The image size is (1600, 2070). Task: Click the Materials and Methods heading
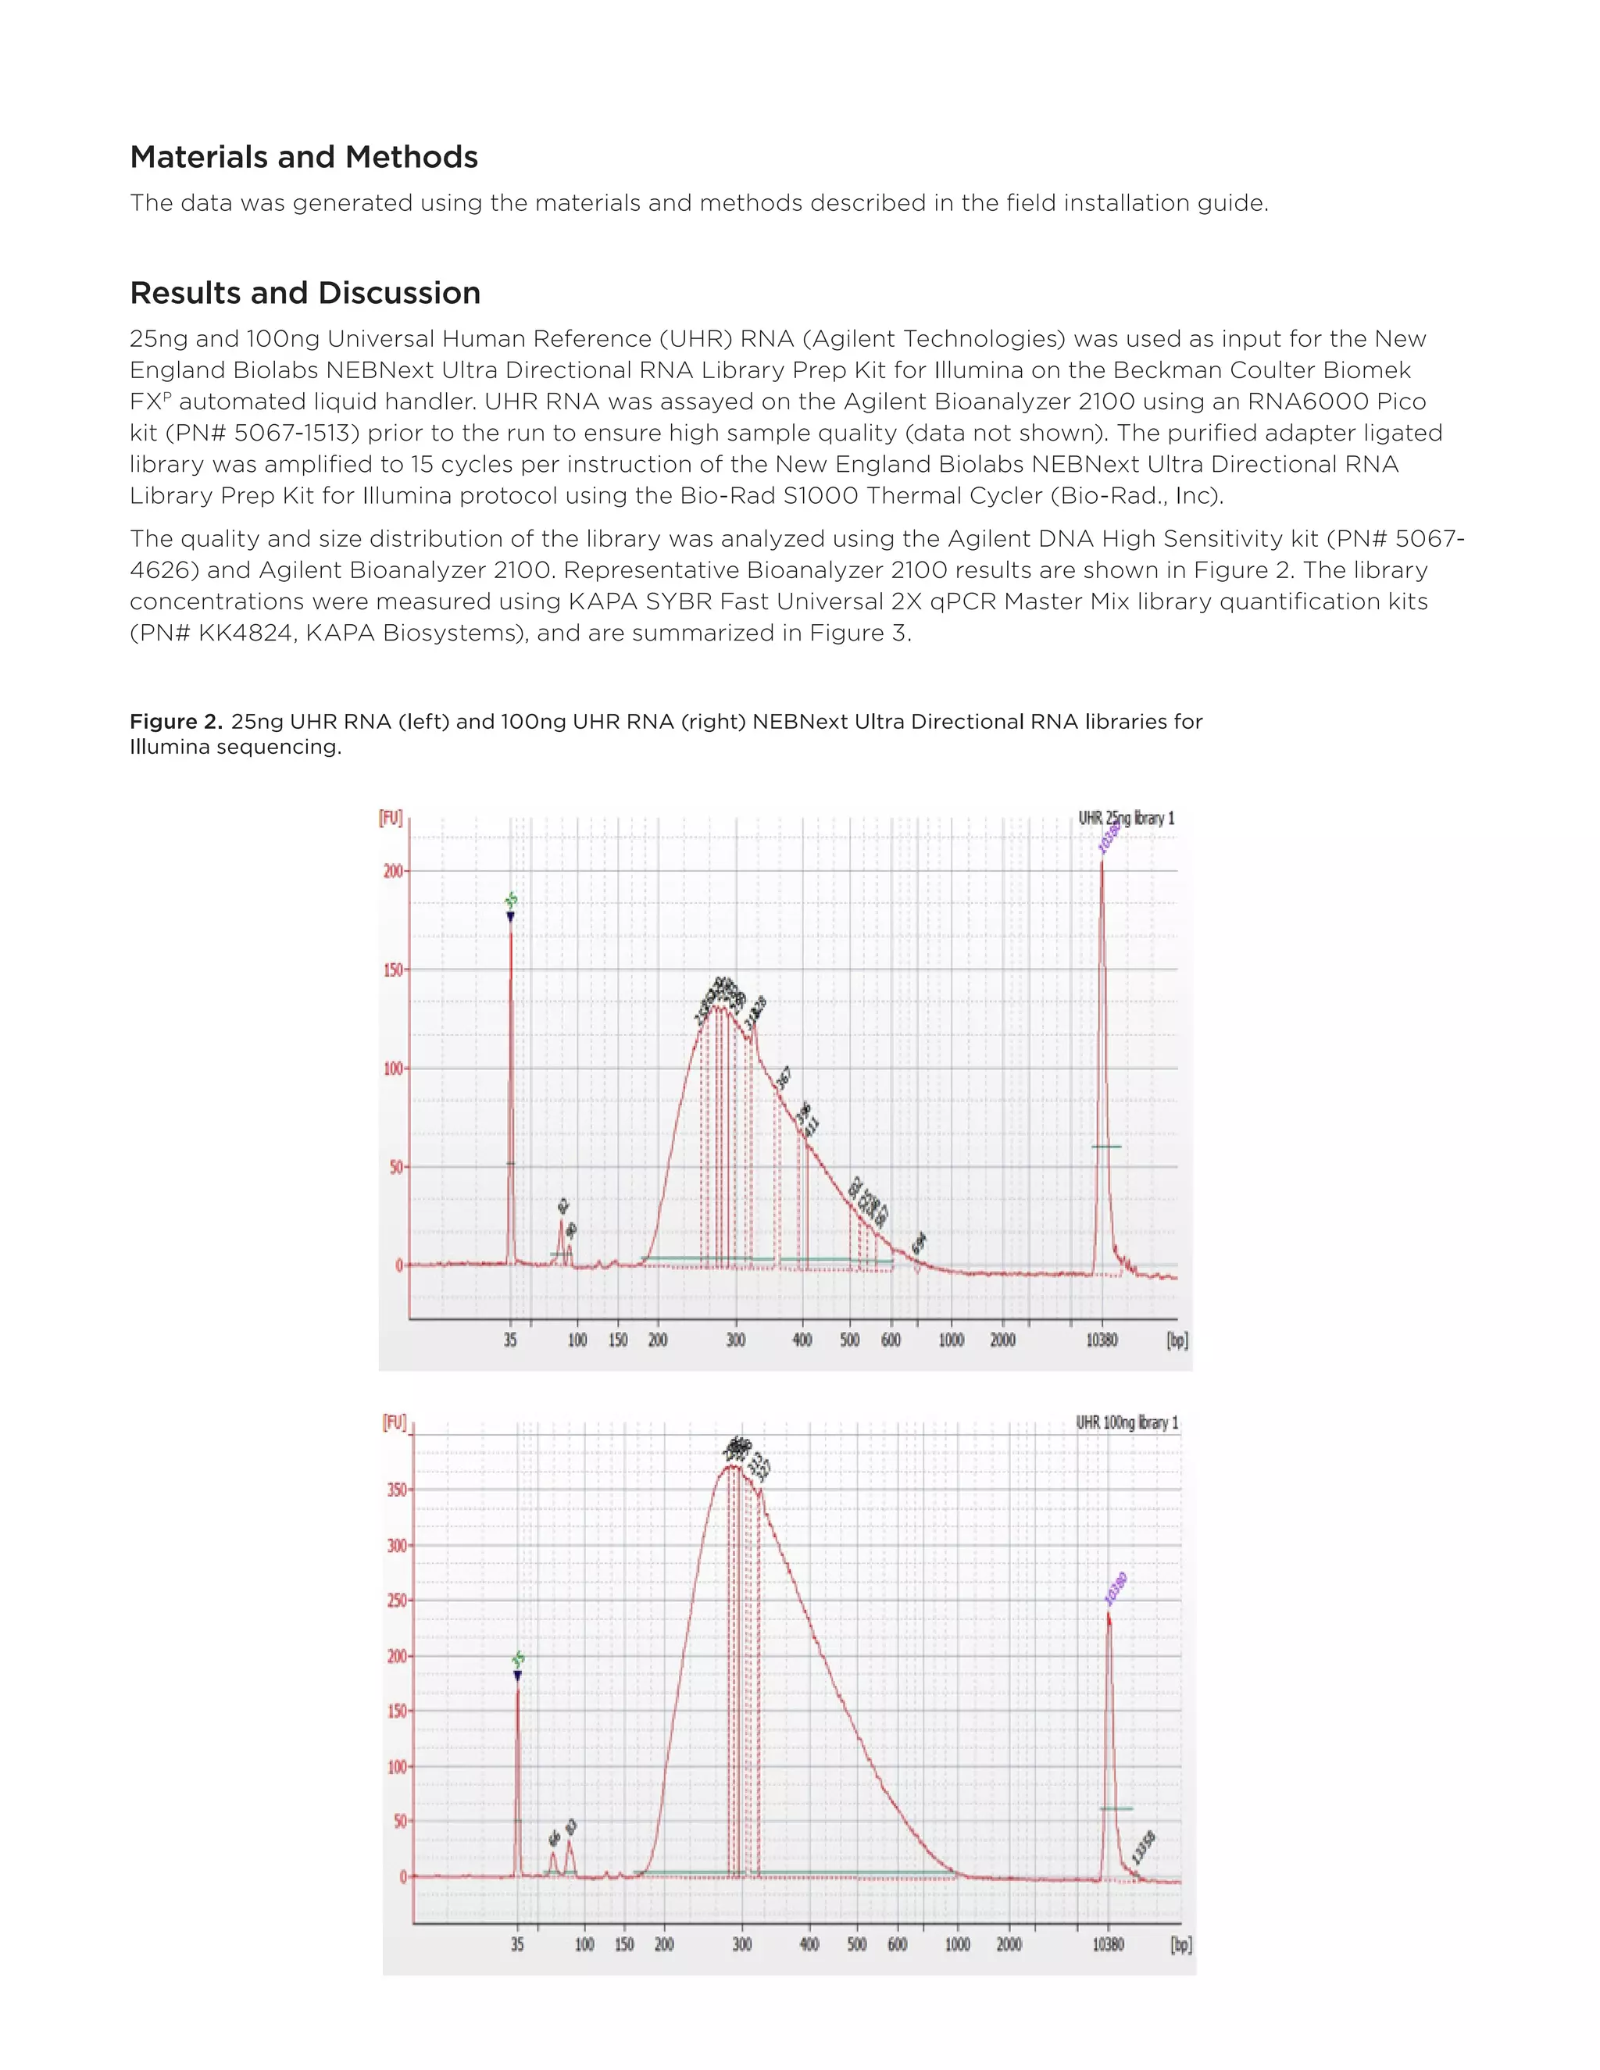point(303,157)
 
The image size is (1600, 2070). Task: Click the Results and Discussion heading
point(305,294)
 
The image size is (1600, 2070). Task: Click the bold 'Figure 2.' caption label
point(177,723)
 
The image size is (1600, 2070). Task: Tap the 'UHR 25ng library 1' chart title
point(1126,818)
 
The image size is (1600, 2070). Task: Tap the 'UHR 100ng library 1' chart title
point(1127,1422)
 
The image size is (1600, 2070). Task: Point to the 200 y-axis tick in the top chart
point(392,871)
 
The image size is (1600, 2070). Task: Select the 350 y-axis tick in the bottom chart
point(396,1490)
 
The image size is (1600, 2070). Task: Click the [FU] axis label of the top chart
point(391,818)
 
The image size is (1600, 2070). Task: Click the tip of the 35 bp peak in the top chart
point(511,921)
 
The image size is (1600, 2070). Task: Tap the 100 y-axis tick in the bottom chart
point(396,1767)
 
